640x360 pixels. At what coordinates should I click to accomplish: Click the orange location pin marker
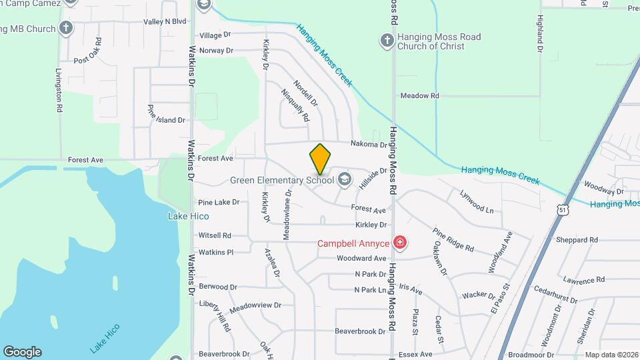(320, 159)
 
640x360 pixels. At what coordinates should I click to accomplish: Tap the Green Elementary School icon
(344, 179)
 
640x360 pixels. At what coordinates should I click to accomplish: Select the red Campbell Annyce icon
(399, 243)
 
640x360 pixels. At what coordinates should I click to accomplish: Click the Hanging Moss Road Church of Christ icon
(387, 41)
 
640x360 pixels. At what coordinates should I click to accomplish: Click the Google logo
(22, 352)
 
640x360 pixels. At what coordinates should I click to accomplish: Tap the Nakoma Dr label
(369, 144)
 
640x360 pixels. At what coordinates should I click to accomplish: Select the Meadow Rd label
(419, 96)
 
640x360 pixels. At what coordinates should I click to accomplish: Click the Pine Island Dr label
(166, 119)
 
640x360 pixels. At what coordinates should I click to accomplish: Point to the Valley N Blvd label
(165, 21)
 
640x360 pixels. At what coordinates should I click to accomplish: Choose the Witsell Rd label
(215, 235)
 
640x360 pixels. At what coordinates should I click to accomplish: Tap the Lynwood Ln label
(477, 201)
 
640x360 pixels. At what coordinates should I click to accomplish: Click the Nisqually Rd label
(295, 105)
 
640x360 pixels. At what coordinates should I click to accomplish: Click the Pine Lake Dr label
(218, 202)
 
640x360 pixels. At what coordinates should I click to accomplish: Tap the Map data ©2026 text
(611, 355)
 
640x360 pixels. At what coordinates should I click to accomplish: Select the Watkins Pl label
(215, 252)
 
